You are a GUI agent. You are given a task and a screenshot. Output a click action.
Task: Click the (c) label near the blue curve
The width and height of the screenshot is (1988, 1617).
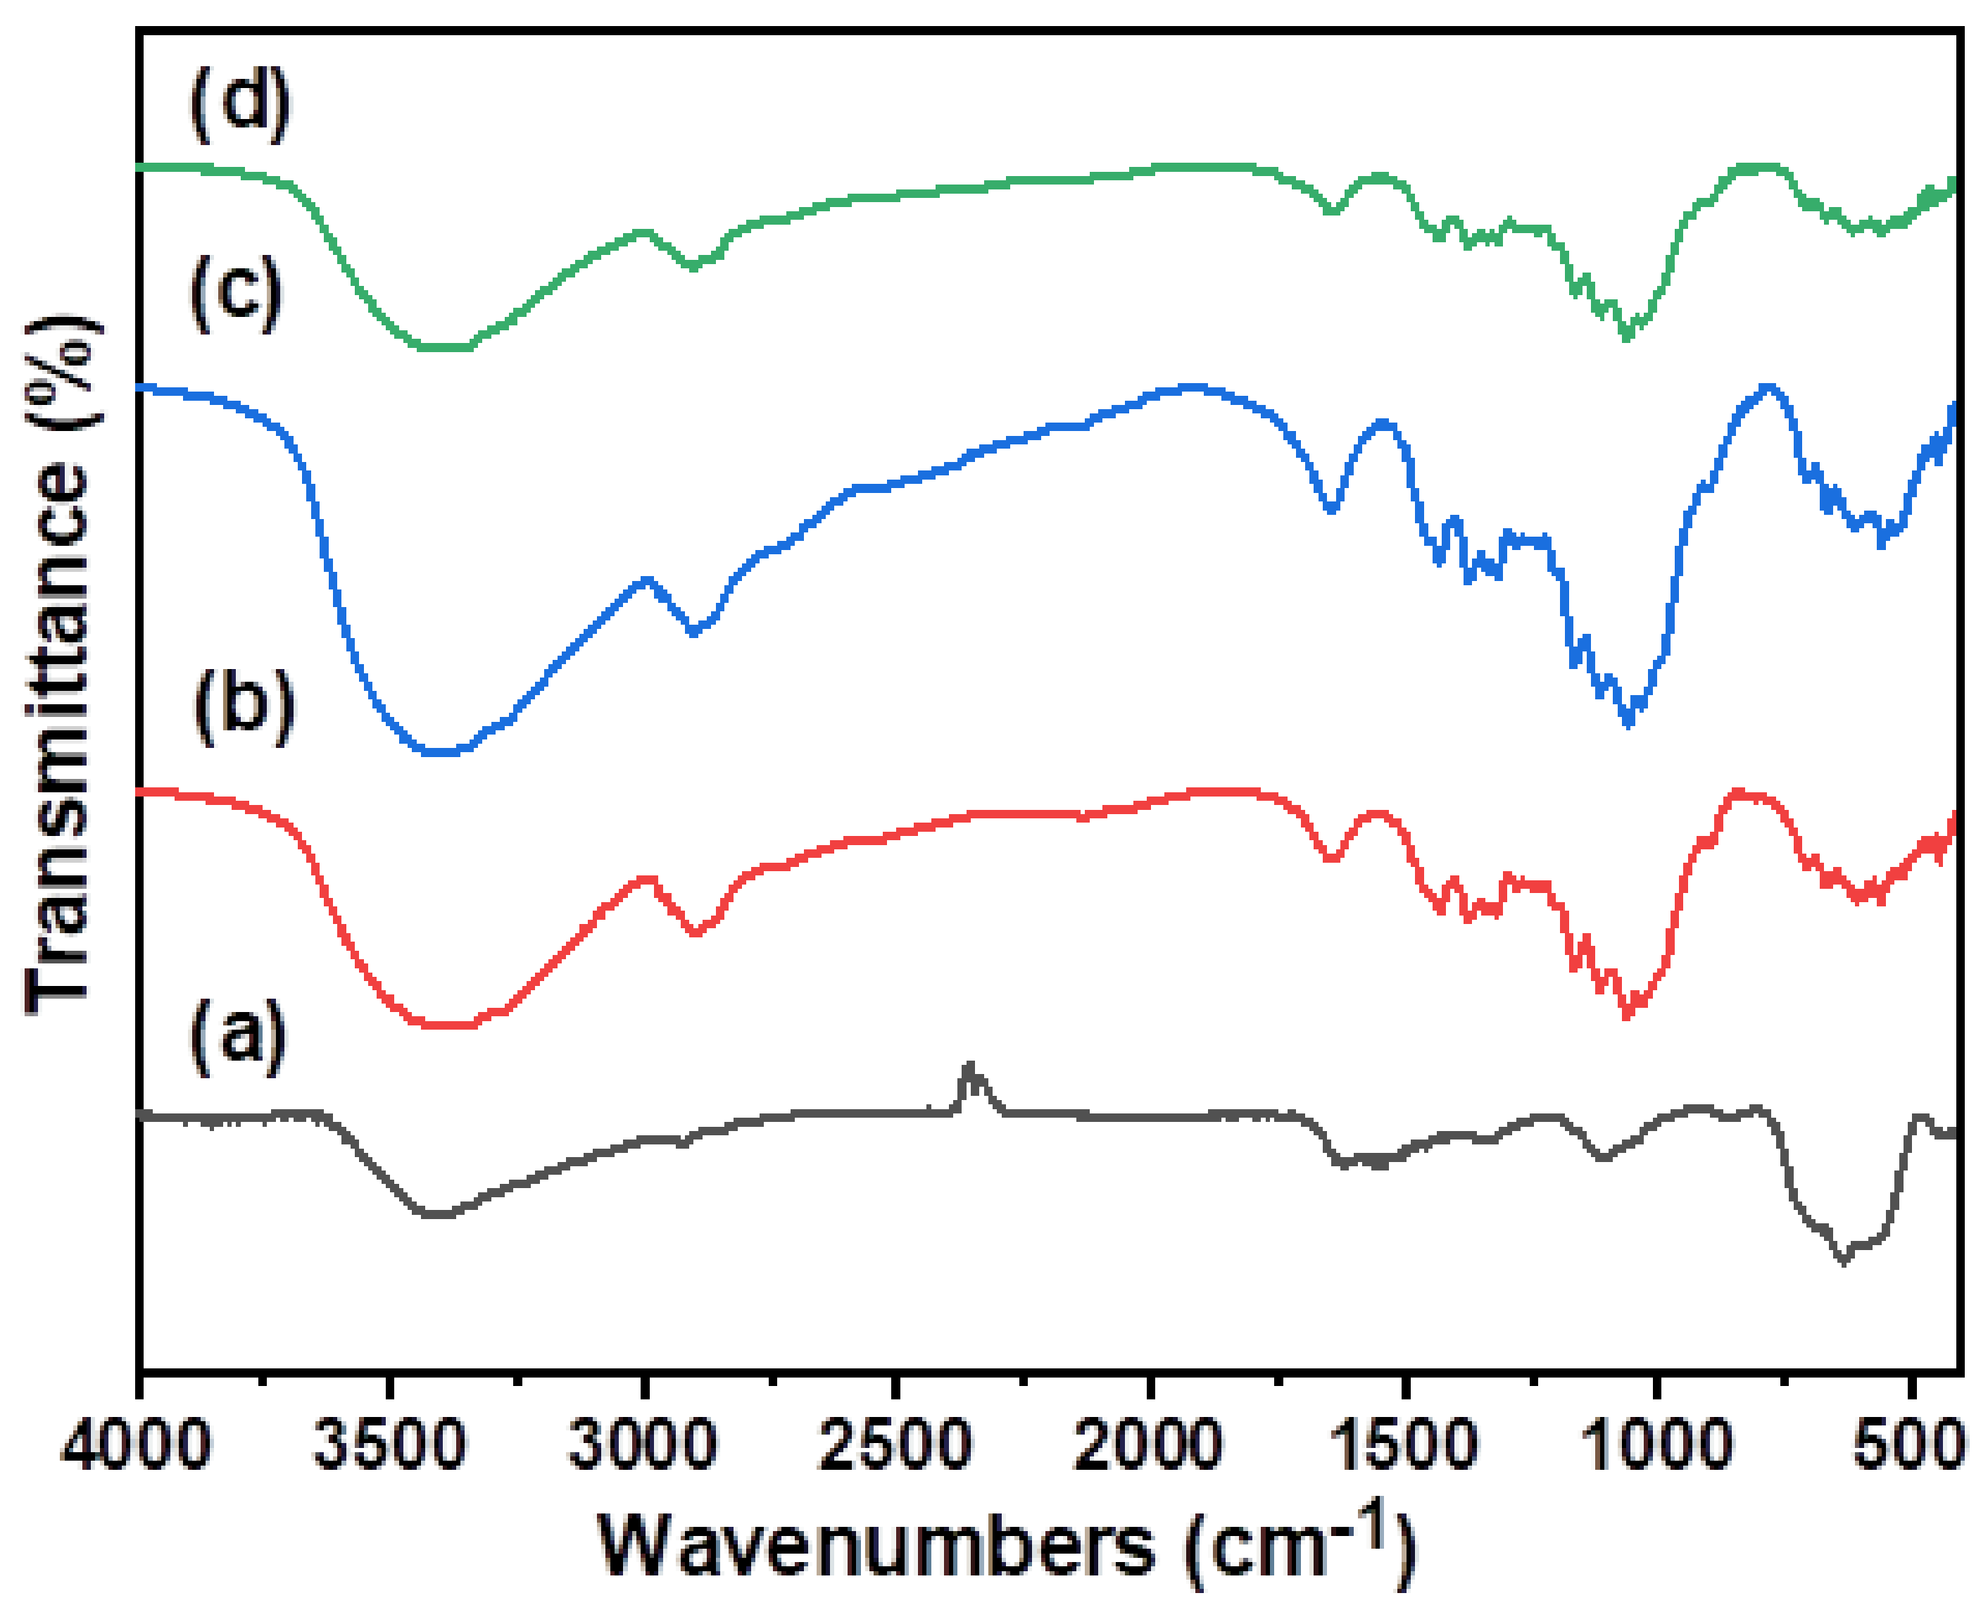tap(236, 294)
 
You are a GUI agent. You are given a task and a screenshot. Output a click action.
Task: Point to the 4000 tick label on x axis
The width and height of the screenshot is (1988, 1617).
tap(137, 1447)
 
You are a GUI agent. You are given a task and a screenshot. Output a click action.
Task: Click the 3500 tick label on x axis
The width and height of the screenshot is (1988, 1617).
tap(389, 1447)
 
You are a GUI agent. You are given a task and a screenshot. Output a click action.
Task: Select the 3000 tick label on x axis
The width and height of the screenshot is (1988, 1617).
tap(643, 1447)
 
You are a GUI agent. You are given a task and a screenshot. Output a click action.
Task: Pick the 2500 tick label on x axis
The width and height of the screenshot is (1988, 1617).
tap(895, 1447)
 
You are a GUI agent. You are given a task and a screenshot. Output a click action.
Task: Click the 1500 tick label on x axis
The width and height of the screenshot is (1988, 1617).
tap(1403, 1447)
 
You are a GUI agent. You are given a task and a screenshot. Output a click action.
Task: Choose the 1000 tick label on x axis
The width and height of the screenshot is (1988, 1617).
tap(1656, 1447)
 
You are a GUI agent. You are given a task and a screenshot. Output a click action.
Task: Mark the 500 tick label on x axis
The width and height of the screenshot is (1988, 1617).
tap(1909, 1447)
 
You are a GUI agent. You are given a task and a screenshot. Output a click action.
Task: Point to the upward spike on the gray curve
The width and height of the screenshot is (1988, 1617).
tap(970, 1068)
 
